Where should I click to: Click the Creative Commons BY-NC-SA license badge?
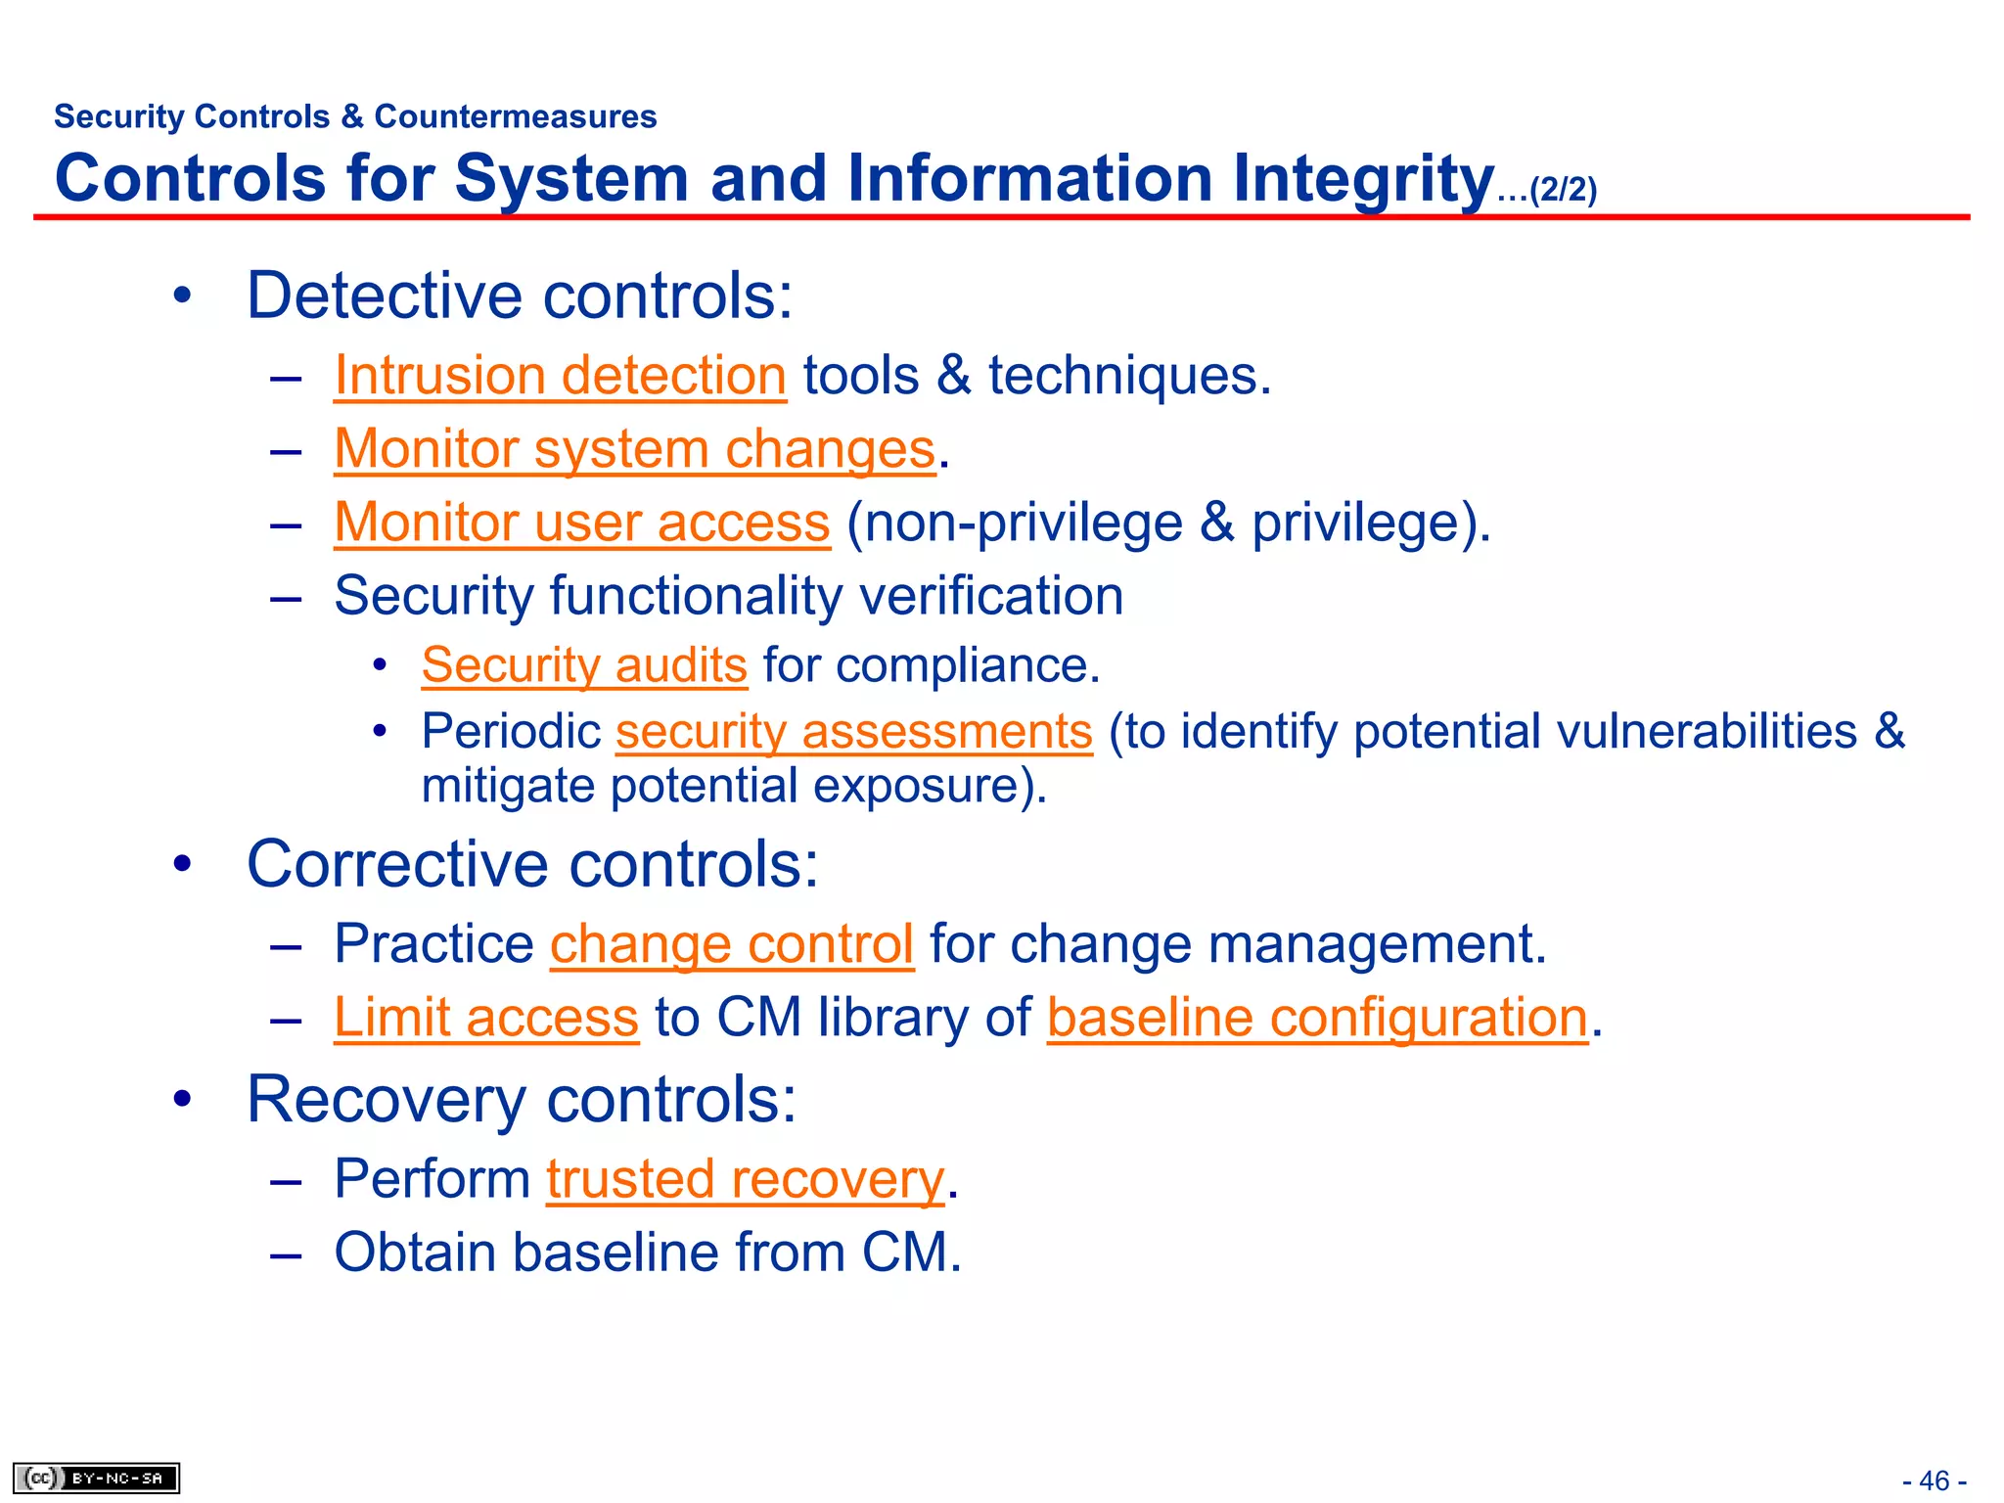click(96, 1478)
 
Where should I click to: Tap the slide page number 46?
click(1934, 1480)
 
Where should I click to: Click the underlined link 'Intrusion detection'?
click(560, 376)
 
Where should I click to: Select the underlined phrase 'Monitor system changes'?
click(634, 449)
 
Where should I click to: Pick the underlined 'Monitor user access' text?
click(581, 523)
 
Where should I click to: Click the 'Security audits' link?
click(584, 665)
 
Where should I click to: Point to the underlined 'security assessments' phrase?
click(853, 732)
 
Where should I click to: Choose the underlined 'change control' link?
click(731, 944)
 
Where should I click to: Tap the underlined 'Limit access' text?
click(485, 1018)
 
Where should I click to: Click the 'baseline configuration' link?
click(1316, 1018)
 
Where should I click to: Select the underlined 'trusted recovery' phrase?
click(745, 1179)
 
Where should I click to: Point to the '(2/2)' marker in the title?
click(1563, 189)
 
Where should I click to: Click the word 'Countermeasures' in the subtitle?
click(516, 116)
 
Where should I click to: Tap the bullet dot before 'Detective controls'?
click(182, 296)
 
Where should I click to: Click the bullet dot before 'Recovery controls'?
click(182, 1100)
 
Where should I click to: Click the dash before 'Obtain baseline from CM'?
click(286, 1253)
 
